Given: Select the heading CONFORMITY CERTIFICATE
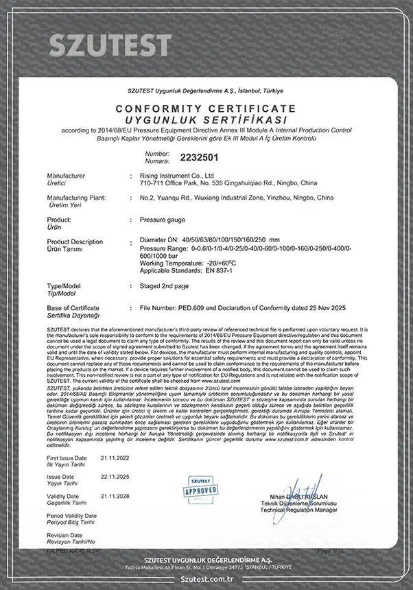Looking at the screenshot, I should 206,109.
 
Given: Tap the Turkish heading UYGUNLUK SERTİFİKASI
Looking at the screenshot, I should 206,119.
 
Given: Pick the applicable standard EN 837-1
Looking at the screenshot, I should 204,269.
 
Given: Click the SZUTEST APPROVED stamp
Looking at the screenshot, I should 201,489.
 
